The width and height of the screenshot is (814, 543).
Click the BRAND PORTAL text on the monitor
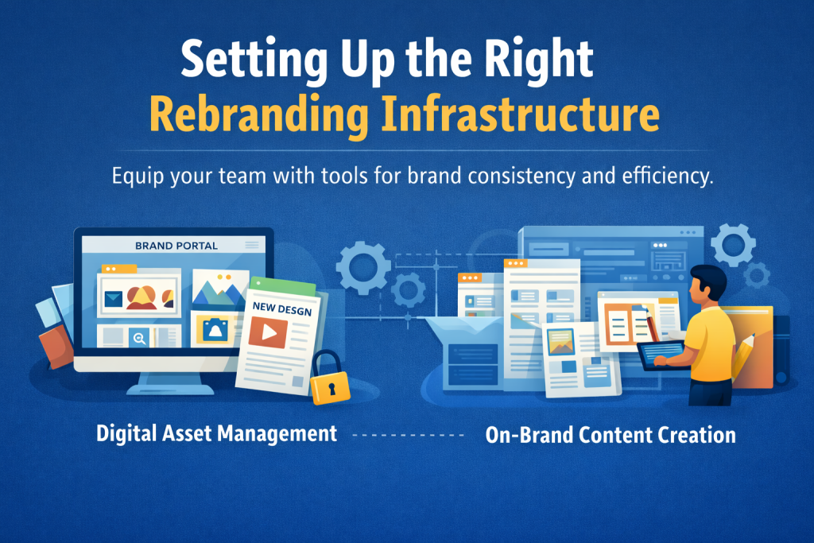[176, 246]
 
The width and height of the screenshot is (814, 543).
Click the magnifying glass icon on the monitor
[140, 338]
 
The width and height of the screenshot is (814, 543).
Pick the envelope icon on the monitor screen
[113, 298]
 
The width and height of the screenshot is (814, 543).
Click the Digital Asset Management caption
[216, 434]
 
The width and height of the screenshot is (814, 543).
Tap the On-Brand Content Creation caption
[610, 435]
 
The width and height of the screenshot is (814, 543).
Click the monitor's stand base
[172, 387]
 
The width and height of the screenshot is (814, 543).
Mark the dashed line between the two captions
[406, 436]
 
